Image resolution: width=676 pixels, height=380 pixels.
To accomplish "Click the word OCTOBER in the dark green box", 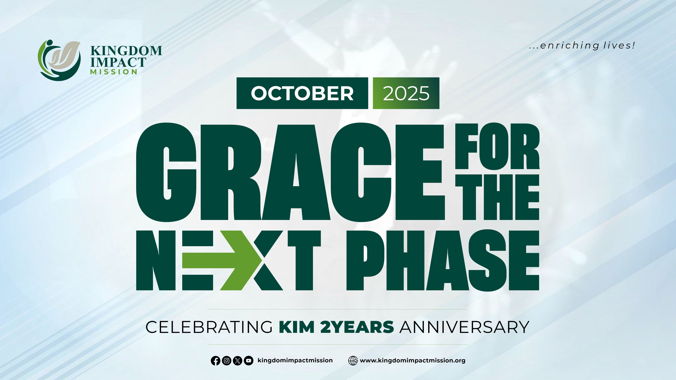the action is [302, 93].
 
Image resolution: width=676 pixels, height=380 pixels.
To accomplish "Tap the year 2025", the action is [406, 93].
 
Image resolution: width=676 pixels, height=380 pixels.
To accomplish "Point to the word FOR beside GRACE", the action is [497, 146].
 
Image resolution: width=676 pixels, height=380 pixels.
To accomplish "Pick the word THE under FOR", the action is [497, 197].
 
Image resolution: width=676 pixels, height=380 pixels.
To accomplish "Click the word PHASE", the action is [443, 260].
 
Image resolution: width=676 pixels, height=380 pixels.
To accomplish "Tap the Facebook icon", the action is [215, 361].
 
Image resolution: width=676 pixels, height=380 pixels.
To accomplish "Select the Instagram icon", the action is [226, 361].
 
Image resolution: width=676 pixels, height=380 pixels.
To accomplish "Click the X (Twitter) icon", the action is [237, 361].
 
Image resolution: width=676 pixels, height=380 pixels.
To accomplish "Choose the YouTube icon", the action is [249, 361].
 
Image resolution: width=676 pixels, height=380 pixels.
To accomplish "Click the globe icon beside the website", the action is [353, 361].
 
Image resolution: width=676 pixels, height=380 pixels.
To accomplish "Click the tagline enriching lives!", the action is [582, 46].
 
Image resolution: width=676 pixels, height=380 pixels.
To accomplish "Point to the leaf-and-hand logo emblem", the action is [59, 60].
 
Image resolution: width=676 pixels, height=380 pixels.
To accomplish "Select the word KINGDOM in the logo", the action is [126, 51].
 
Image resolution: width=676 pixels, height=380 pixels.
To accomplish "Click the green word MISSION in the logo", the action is [114, 72].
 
